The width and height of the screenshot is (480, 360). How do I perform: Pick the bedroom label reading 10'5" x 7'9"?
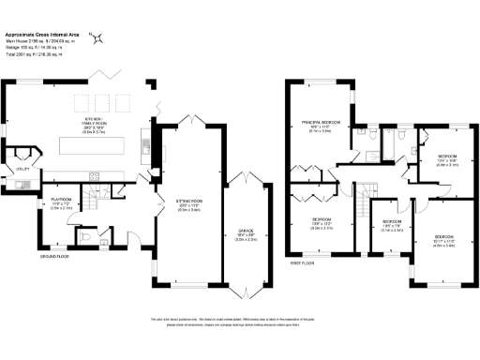(392, 225)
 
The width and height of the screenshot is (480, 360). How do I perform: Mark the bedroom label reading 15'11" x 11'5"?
(444, 239)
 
